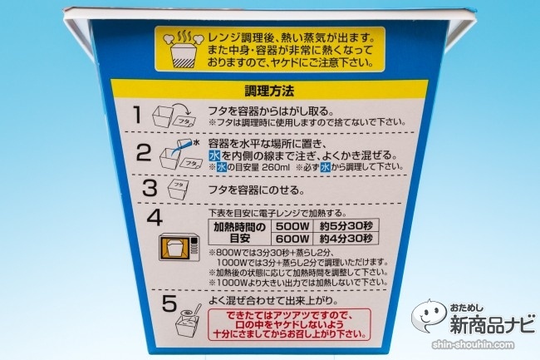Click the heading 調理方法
coord(269,91)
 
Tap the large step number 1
coord(138,115)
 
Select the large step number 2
coord(144,153)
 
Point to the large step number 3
coord(150,189)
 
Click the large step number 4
coord(155,218)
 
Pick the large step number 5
coord(169,303)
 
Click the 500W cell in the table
coord(292,226)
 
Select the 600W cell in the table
coord(292,239)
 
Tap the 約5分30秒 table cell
coord(346,226)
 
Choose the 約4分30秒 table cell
coord(346,239)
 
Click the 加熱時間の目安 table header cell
coord(240,232)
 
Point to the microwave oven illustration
coord(179,247)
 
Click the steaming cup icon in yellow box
coord(184,50)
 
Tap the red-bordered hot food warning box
coord(289,324)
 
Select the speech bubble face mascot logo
coord(430,315)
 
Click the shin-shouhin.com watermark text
coord(474,344)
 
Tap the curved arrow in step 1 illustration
coord(183,108)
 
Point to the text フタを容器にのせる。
coord(257,190)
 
